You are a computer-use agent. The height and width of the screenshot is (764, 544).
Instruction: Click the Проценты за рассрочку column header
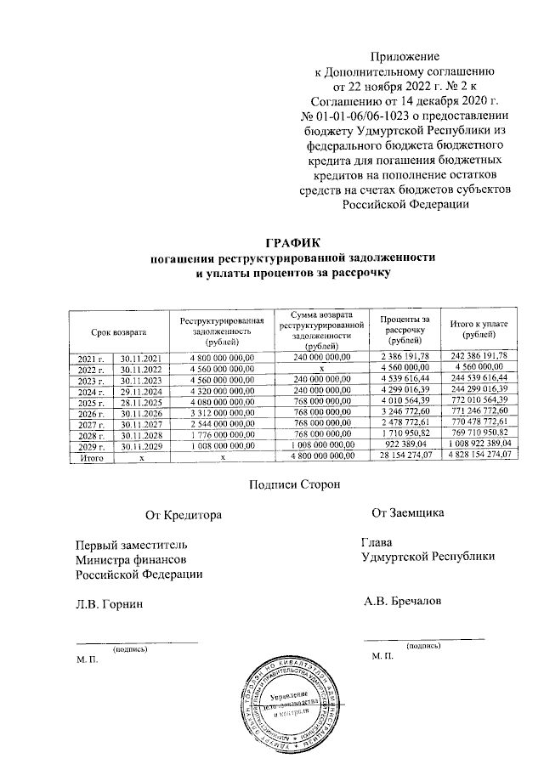tap(405, 328)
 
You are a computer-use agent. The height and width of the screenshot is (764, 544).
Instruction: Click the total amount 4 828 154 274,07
tap(480, 456)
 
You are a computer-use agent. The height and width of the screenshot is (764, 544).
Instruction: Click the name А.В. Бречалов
tap(402, 602)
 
